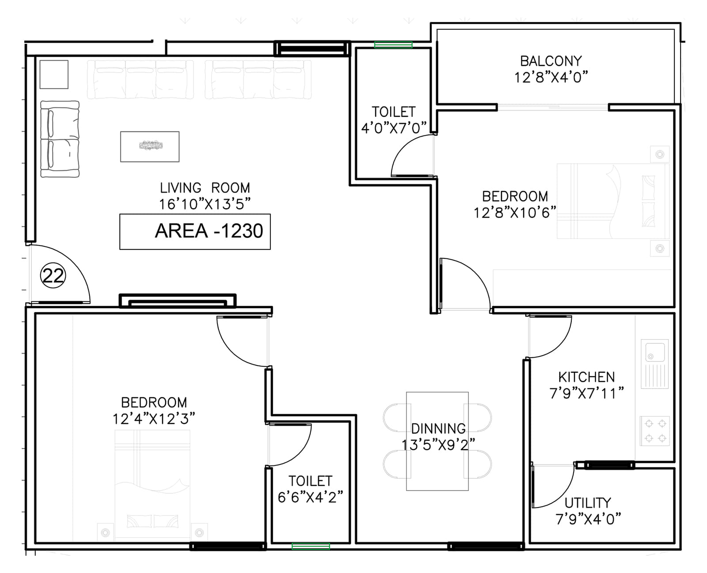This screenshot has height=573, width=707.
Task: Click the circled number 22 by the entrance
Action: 53,276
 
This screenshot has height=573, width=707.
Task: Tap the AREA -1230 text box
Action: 195,231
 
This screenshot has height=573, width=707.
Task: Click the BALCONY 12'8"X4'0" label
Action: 551,69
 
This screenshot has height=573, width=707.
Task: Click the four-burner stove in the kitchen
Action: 655,431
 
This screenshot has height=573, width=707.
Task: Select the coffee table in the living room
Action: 150,146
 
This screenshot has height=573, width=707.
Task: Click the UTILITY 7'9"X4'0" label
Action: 588,511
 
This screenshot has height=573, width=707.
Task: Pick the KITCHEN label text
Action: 586,377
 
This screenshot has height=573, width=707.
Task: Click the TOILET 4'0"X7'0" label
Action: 393,119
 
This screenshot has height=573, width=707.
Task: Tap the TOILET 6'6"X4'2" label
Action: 310,489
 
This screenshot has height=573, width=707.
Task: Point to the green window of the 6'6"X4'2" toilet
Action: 311,546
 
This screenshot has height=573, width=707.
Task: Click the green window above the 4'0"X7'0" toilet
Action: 393,45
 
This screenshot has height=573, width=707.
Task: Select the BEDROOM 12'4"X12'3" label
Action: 154,410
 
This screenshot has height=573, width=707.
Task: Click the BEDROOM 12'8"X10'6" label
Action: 515,204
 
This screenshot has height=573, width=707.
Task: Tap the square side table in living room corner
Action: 54,74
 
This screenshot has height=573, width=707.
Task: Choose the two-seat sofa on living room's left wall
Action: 60,139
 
